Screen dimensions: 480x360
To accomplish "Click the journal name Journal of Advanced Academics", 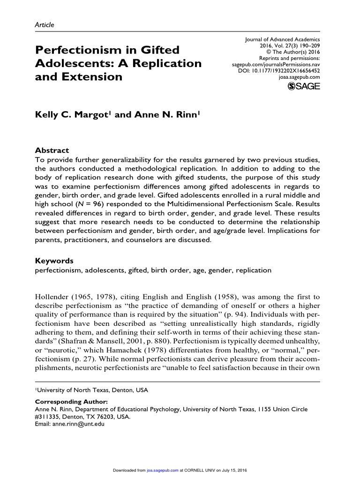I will [x=283, y=40].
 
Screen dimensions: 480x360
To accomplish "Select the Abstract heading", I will [x=52, y=150].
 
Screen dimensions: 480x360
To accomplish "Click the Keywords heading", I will [x=54, y=261].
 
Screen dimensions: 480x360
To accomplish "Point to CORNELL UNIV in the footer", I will [x=199, y=469].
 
